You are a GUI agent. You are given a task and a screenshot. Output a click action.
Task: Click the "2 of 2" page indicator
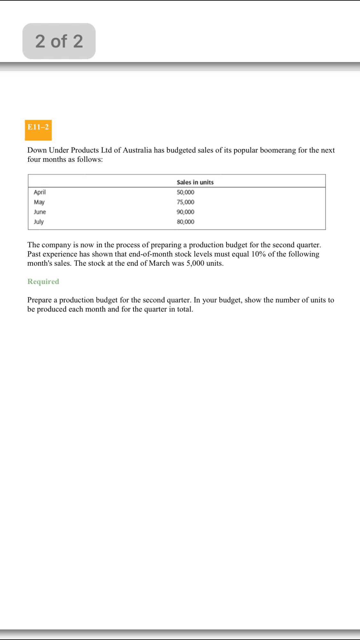[59, 41]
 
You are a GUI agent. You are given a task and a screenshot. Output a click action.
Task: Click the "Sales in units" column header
[195, 182]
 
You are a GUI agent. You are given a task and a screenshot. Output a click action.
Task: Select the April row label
[40, 192]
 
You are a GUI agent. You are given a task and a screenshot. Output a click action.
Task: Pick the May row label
[39, 202]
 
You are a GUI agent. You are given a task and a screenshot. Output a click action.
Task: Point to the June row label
[40, 212]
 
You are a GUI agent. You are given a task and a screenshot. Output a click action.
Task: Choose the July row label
[39, 222]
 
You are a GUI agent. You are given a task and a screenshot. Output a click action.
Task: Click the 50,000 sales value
[185, 192]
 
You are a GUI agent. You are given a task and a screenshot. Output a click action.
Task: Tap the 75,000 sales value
[185, 202]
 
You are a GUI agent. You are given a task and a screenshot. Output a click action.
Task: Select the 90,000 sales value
[185, 212]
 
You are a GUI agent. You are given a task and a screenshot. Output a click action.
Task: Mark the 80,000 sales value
[185, 222]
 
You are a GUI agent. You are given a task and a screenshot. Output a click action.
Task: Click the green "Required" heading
[43, 281]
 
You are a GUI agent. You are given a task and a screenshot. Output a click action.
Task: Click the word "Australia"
[137, 150]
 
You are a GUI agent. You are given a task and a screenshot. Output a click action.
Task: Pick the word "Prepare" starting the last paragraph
[39, 300]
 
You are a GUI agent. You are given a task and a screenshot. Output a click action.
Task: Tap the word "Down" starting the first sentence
[37, 150]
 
